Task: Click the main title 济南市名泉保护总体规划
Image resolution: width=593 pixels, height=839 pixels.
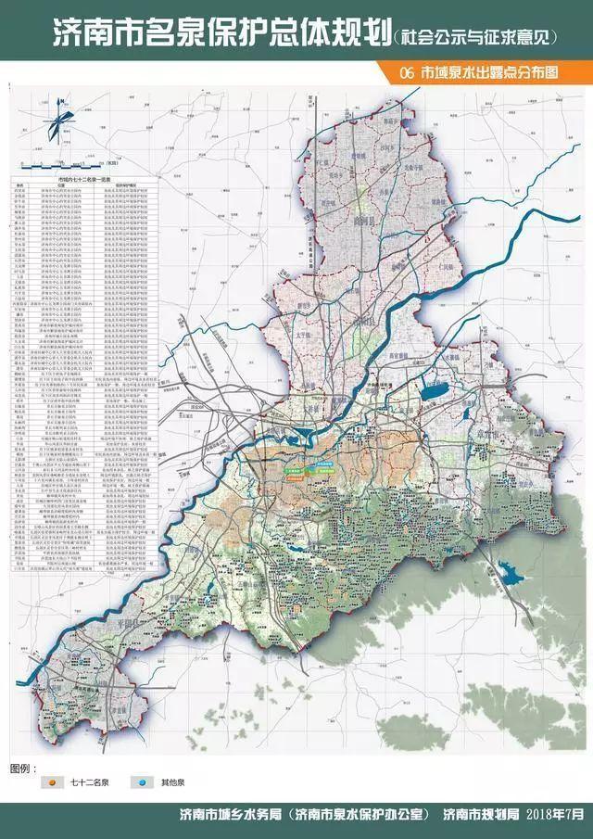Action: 199,40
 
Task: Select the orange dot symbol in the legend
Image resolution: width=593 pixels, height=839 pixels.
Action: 53,784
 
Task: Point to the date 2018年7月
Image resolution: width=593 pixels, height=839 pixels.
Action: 557,816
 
